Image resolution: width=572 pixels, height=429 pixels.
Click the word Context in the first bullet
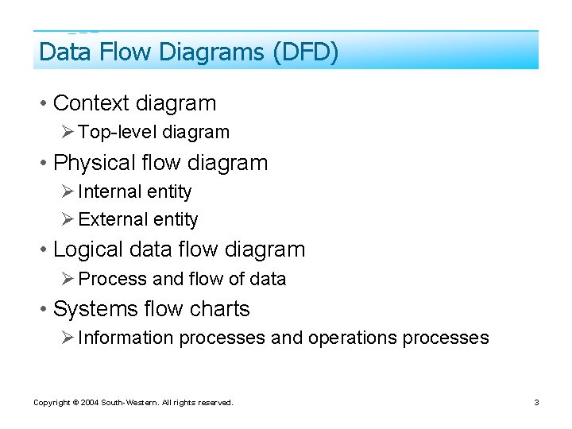click(91, 103)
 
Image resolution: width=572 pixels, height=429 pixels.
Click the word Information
click(126, 338)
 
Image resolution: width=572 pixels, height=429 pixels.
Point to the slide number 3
click(536, 403)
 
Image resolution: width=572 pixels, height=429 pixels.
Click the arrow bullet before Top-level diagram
click(68, 133)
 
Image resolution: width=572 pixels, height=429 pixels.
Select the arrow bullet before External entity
click(68, 219)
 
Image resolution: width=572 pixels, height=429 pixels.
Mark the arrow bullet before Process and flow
click(68, 279)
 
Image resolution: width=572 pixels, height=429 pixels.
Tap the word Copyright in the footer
click(51, 403)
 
